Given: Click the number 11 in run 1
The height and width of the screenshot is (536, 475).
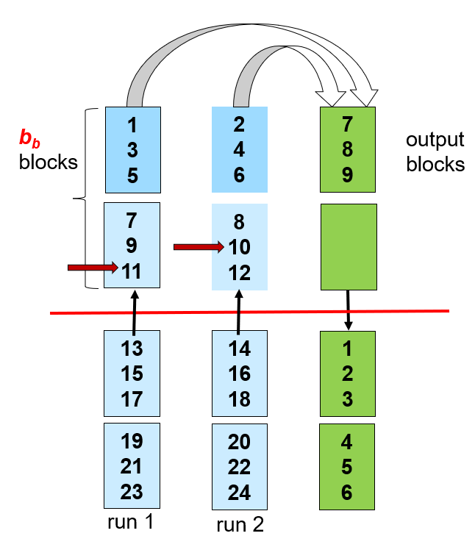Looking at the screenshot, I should pyautogui.click(x=132, y=272).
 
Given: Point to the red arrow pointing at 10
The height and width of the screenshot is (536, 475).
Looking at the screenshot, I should pyautogui.click(x=199, y=248).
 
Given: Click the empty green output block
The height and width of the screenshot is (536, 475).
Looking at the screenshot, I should pyautogui.click(x=349, y=246).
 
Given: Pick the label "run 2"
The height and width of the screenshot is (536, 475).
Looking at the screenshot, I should pyautogui.click(x=240, y=524).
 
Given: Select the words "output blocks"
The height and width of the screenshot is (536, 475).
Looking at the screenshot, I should pyautogui.click(x=435, y=151).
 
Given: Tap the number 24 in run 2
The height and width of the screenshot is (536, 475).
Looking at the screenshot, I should pyautogui.click(x=240, y=492).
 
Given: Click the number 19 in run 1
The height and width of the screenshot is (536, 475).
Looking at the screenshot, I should pyautogui.click(x=132, y=441).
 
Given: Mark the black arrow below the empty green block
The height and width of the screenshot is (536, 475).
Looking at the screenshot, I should pyautogui.click(x=349, y=310).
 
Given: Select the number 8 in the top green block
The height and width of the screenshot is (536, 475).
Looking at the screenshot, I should pyautogui.click(x=348, y=149).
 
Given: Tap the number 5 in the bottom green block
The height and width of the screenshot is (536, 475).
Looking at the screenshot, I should pyautogui.click(x=348, y=468).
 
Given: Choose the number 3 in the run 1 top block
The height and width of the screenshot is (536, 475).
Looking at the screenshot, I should pyautogui.click(x=132, y=149).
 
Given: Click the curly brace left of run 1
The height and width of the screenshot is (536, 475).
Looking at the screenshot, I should pyautogui.click(x=89, y=198).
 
